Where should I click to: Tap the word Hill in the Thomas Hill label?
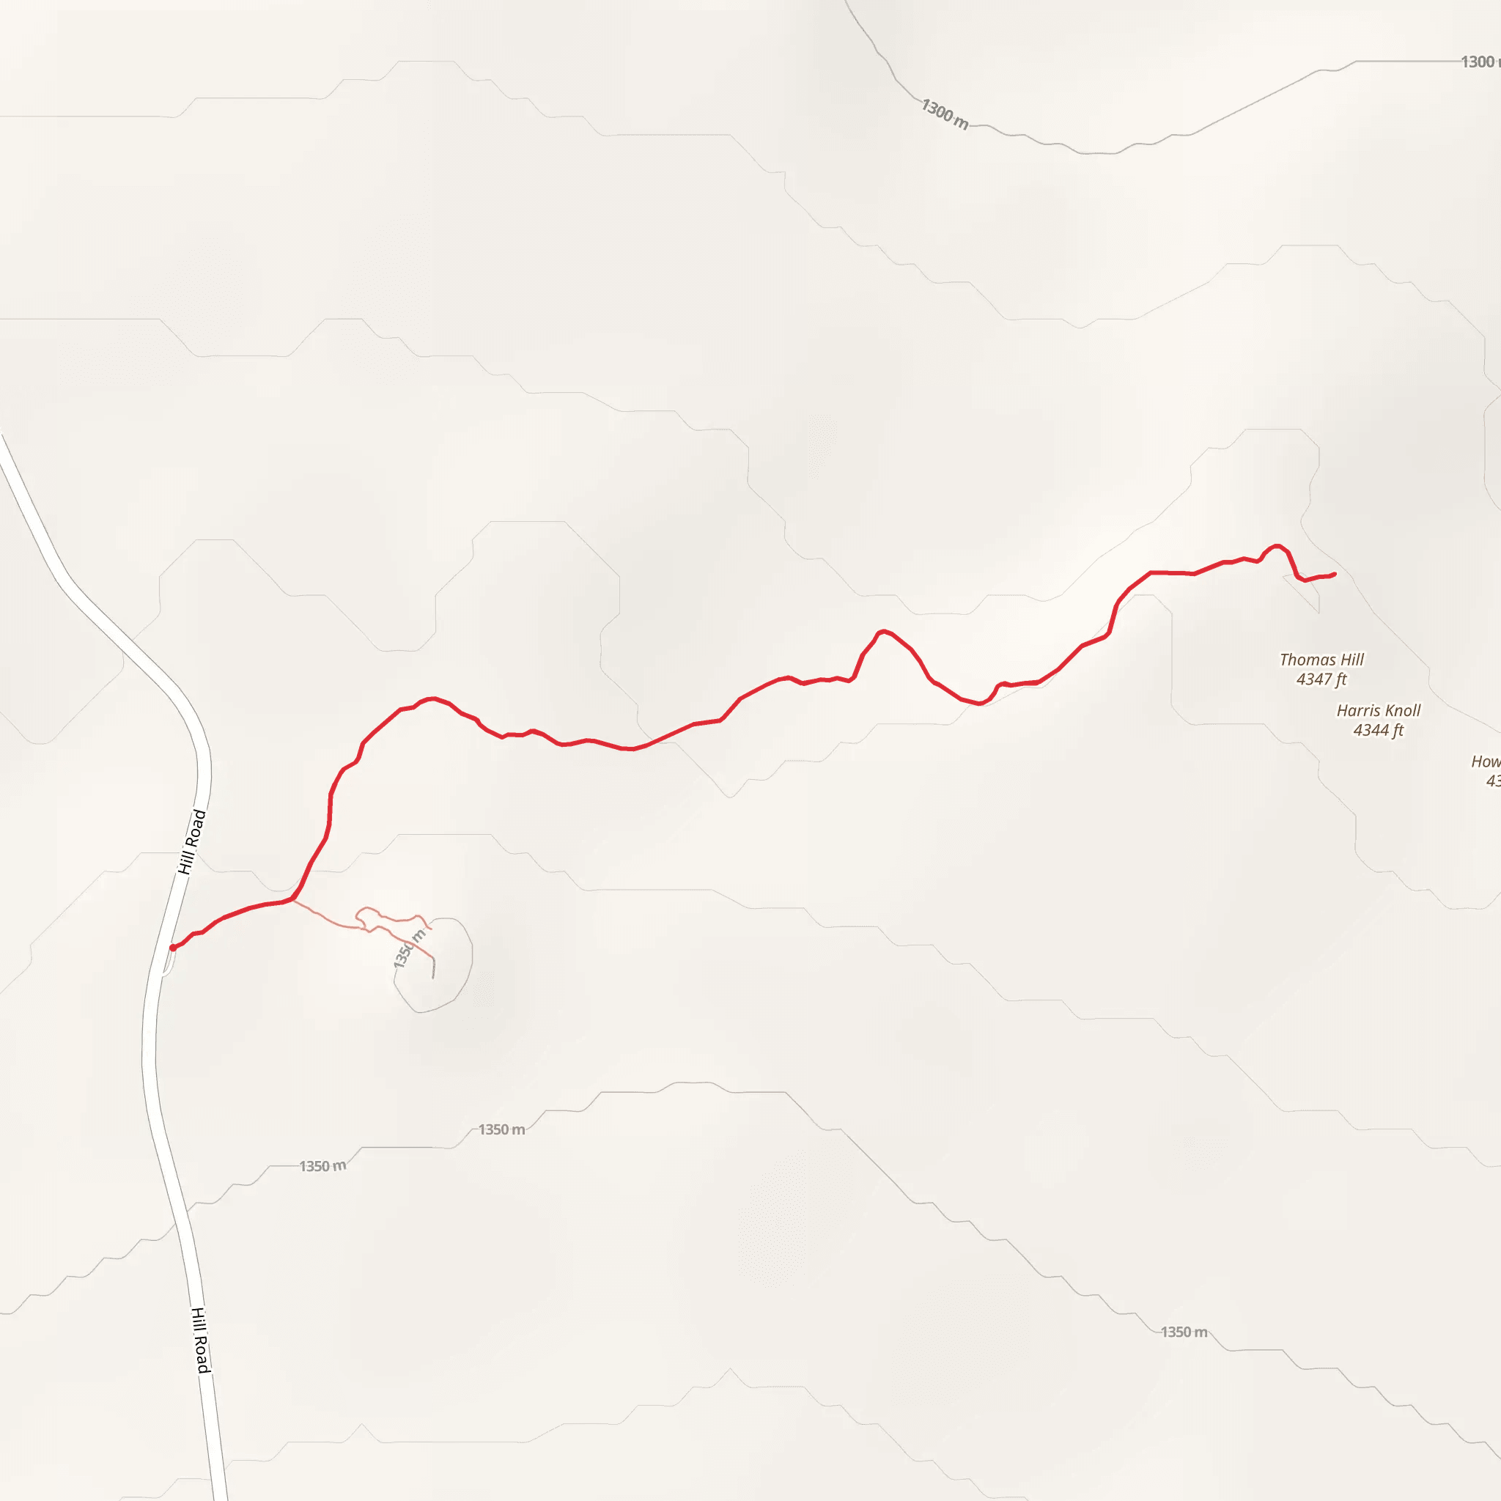coord(1350,660)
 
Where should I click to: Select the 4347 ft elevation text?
coord(1321,679)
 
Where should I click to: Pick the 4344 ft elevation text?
coord(1379,730)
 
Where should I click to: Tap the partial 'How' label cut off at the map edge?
coord(1486,761)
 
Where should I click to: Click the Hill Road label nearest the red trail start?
coord(192,841)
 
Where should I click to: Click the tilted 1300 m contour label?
coord(945,114)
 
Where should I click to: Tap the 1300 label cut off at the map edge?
coord(1478,62)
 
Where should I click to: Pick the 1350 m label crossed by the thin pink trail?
coord(410,948)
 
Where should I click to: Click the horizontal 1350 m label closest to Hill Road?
coord(322,1166)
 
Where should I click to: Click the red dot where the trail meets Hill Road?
coord(172,948)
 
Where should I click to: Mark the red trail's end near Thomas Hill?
coord(1335,574)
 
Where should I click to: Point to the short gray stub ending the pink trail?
coord(434,969)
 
